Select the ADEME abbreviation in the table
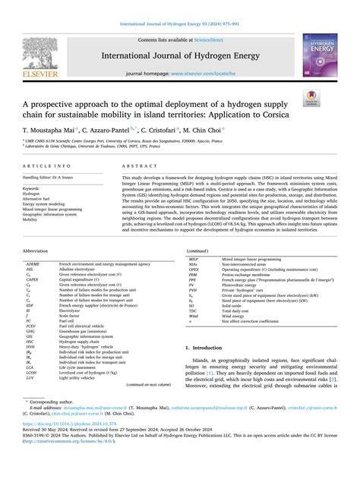34,282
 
